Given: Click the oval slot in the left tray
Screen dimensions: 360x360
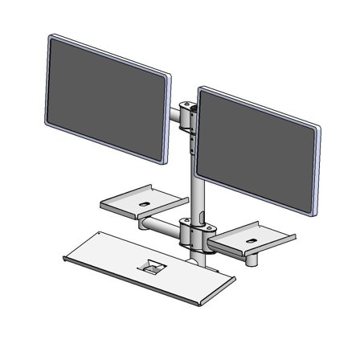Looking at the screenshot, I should point(143,205).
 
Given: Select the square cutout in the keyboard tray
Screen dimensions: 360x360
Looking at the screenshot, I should point(149,265).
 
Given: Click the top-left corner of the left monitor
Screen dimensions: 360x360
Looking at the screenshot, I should point(51,37).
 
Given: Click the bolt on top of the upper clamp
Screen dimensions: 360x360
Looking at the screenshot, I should point(190,103).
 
